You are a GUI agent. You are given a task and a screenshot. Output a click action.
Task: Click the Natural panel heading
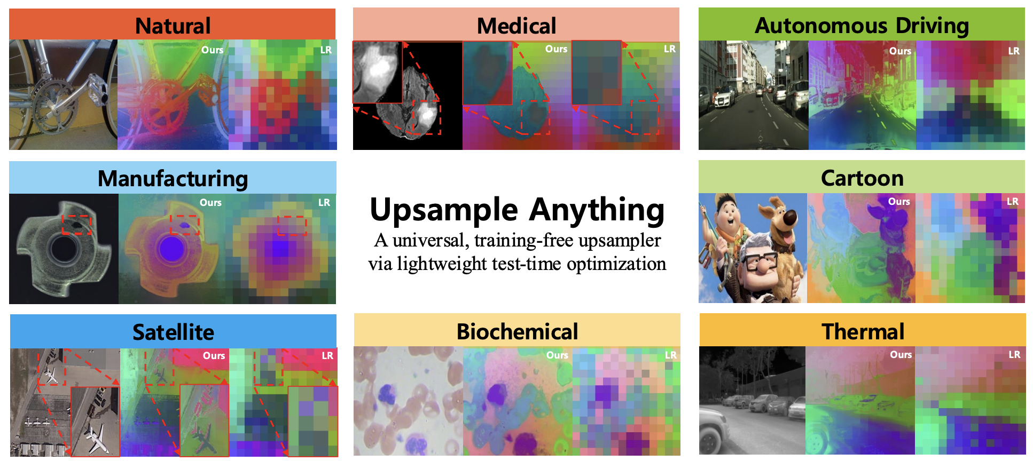(x=173, y=26)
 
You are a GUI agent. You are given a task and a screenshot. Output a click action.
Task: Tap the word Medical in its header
(x=516, y=26)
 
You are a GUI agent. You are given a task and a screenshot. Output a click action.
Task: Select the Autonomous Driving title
(x=862, y=26)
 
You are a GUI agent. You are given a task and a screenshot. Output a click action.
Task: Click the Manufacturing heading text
(x=173, y=179)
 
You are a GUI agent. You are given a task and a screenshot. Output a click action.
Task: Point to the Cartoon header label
(x=862, y=178)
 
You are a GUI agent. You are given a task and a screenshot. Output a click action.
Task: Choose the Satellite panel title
(x=173, y=332)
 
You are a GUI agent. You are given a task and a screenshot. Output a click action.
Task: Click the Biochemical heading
(x=517, y=331)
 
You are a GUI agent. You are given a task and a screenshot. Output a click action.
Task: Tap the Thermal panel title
(x=863, y=331)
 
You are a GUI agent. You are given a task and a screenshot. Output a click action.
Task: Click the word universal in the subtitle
(x=428, y=240)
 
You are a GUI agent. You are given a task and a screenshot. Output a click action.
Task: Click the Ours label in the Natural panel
(x=212, y=50)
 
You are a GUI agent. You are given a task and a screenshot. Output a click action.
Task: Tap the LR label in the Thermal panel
(x=1014, y=354)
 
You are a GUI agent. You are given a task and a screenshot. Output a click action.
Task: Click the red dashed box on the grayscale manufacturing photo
(x=76, y=225)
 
